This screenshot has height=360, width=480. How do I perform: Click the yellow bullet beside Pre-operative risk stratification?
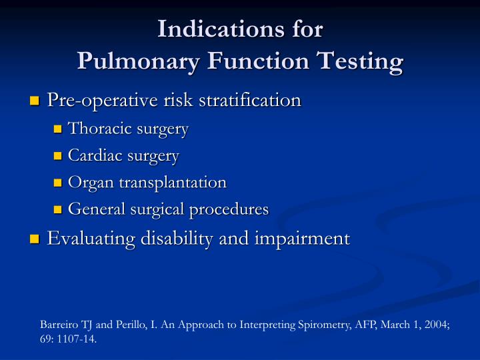click(35, 101)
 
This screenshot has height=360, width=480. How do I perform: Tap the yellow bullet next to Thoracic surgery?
click(57, 129)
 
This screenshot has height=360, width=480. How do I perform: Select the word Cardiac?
click(95, 155)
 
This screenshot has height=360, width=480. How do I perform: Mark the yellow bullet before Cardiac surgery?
click(57, 156)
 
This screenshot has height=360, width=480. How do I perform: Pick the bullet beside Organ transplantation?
click(57, 183)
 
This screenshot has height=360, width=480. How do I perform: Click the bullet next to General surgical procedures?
click(57, 209)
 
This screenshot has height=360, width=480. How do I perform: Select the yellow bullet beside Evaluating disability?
click(35, 239)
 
